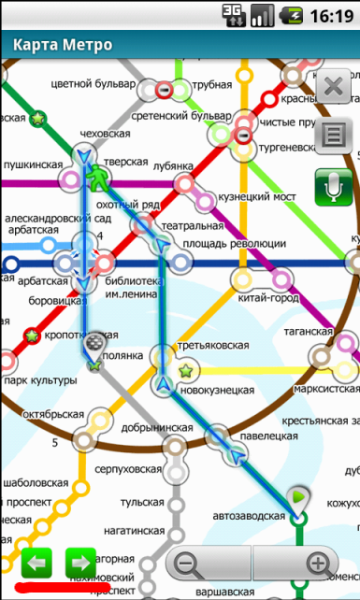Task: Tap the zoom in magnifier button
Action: click(318, 564)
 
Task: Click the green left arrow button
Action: click(36, 564)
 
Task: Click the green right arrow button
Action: click(80, 564)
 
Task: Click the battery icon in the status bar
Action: click(295, 15)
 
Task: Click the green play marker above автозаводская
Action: click(298, 495)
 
